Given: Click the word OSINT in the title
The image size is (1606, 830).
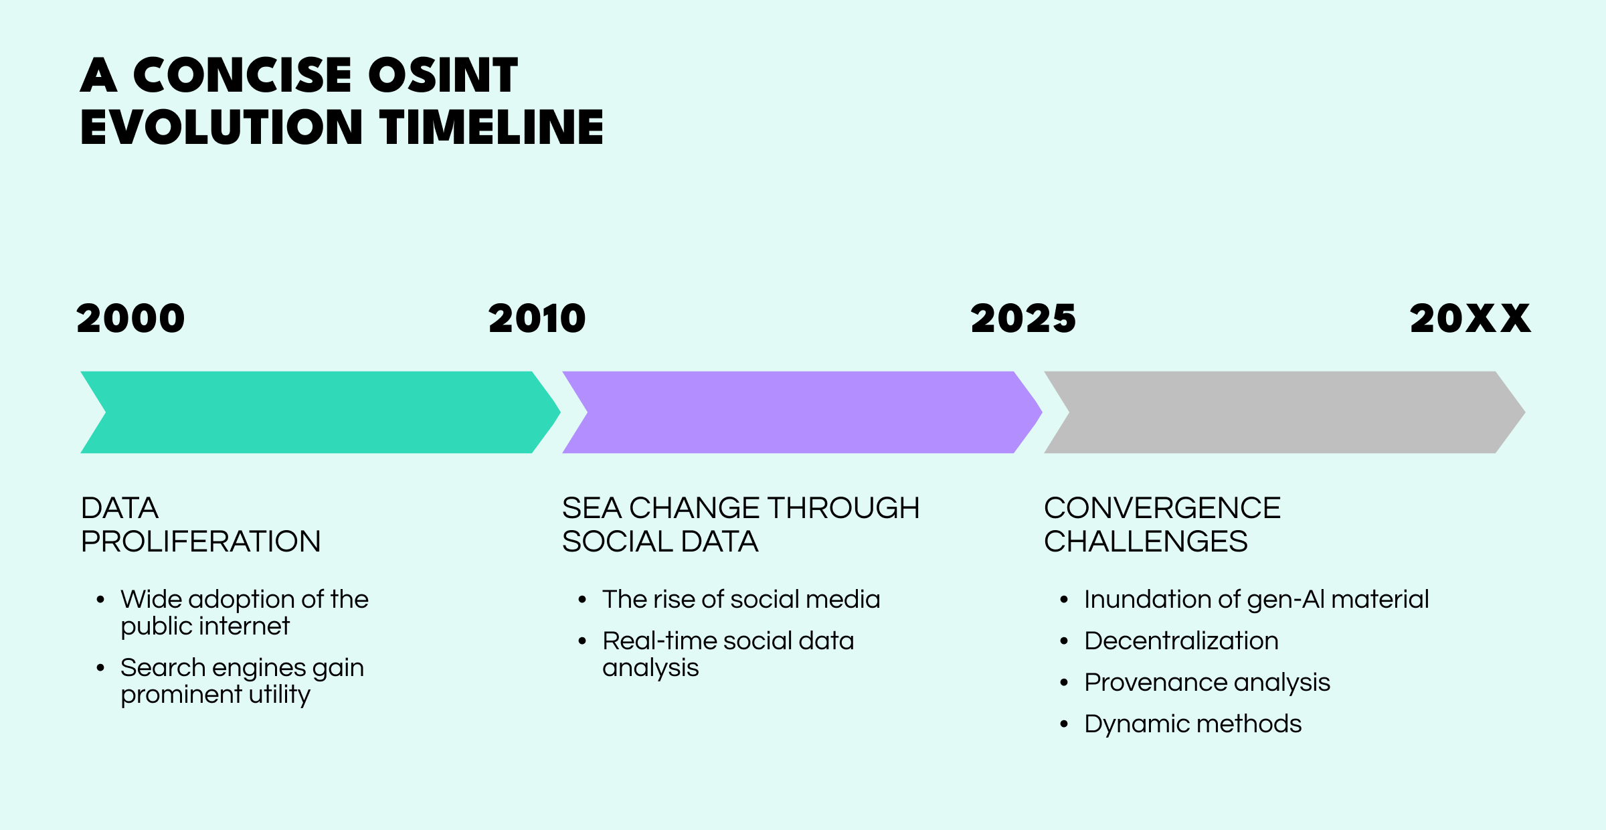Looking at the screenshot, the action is tap(443, 74).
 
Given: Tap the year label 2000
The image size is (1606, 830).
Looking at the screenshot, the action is tap(130, 319).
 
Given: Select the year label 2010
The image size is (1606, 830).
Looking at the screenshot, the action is tap(537, 319).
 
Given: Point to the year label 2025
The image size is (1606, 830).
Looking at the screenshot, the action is tap(1023, 319).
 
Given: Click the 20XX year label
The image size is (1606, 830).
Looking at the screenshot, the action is tap(1470, 319).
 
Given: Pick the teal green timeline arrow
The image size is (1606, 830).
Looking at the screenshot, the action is tap(321, 412).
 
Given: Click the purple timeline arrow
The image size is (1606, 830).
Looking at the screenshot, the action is tap(802, 412).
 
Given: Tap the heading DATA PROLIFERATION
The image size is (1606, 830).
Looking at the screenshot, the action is tap(201, 525).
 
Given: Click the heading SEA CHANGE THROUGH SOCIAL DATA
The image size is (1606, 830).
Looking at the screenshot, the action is tap(741, 525).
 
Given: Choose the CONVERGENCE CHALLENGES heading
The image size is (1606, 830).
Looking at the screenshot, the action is tap(1162, 525).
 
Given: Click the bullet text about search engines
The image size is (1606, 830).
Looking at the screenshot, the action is tap(242, 681).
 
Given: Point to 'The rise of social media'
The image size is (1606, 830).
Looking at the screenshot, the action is tap(741, 599).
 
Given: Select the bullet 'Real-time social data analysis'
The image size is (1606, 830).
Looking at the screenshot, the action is tap(728, 654).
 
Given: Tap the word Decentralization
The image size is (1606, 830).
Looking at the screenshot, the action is tap(1181, 641).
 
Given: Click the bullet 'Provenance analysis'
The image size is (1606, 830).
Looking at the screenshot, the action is tap(1207, 683).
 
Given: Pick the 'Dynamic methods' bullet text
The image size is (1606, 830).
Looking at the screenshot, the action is tap(1193, 724).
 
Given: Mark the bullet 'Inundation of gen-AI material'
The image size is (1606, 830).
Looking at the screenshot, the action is tap(1257, 600).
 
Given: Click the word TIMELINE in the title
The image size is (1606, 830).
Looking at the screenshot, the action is tap(492, 127).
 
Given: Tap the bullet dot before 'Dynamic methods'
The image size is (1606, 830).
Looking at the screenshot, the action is tap(1064, 724).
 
